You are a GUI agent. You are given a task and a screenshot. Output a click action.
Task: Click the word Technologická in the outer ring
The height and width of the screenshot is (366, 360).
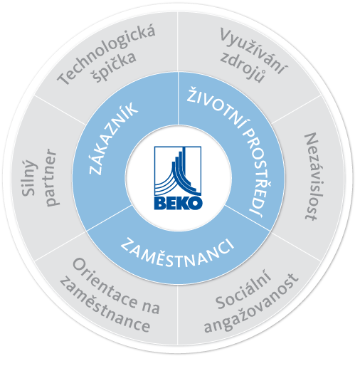[106, 54]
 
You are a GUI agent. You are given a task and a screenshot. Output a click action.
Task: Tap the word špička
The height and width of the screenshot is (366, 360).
[115, 67]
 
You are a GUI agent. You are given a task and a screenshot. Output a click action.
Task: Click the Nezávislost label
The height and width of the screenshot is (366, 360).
[313, 177]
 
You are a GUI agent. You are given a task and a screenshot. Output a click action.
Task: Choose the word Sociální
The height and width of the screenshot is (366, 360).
[243, 290]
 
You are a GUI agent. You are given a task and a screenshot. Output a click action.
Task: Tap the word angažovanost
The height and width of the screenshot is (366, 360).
[251, 303]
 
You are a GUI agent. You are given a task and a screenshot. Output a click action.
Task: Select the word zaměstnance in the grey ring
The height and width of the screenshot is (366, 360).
[105, 305]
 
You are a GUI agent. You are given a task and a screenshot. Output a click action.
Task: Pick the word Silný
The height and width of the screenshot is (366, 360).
[29, 177]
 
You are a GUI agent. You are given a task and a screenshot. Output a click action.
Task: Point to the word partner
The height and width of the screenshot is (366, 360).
[51, 177]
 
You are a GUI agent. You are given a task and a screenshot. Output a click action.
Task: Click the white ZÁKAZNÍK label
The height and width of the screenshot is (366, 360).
[113, 139]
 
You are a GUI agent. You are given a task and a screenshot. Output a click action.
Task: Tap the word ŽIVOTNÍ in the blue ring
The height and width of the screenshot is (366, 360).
[216, 108]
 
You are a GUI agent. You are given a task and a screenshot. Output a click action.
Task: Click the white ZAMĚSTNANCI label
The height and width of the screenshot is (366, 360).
[177, 253]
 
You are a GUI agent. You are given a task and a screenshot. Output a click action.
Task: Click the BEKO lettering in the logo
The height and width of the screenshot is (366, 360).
[178, 203]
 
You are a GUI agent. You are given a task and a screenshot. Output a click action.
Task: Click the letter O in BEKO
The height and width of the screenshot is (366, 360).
[196, 203]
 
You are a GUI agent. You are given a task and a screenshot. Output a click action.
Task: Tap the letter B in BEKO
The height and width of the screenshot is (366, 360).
[161, 203]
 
